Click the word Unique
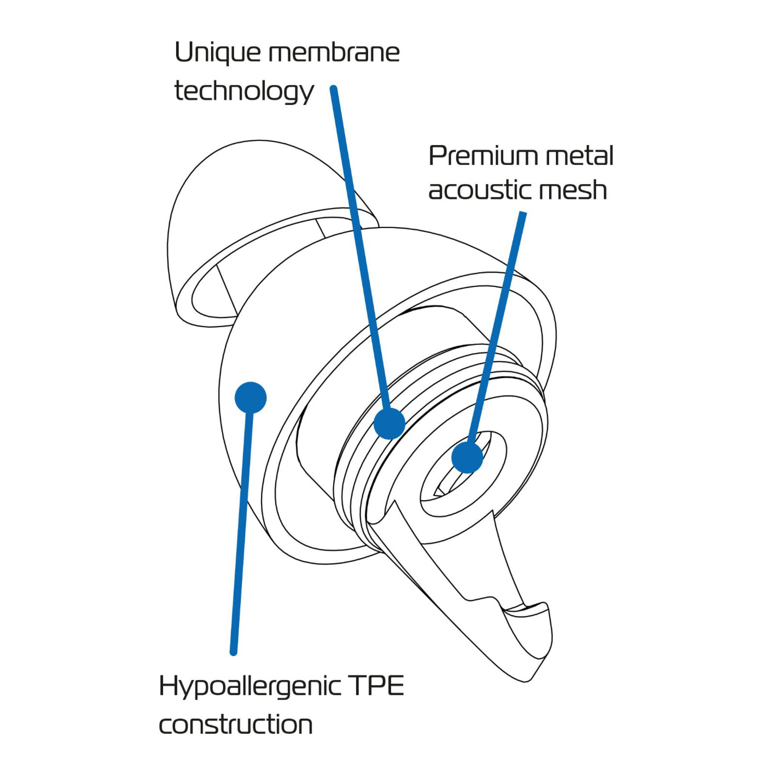click(x=217, y=53)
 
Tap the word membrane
click(x=334, y=53)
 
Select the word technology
click(x=244, y=91)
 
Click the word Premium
click(x=483, y=156)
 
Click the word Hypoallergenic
click(x=250, y=687)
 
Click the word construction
click(x=236, y=724)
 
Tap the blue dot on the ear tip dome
click(x=251, y=398)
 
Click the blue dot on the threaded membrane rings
click(x=389, y=423)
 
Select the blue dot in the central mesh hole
click(x=467, y=457)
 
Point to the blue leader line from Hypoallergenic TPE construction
click(x=241, y=532)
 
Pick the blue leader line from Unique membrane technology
click(x=358, y=242)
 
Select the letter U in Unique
click(x=183, y=52)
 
